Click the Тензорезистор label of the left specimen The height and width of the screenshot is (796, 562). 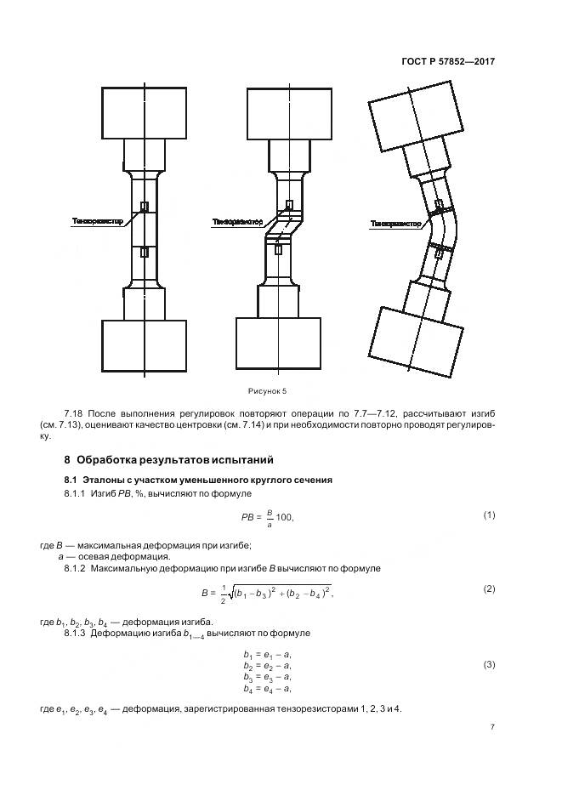click(x=98, y=221)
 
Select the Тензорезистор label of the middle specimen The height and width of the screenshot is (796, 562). click(x=238, y=223)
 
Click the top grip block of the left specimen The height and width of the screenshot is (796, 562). click(x=144, y=112)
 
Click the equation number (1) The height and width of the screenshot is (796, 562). click(x=489, y=515)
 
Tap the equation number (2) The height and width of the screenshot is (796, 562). click(x=489, y=588)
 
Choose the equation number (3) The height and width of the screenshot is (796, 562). click(x=489, y=664)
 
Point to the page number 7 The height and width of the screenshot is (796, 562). click(x=492, y=727)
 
